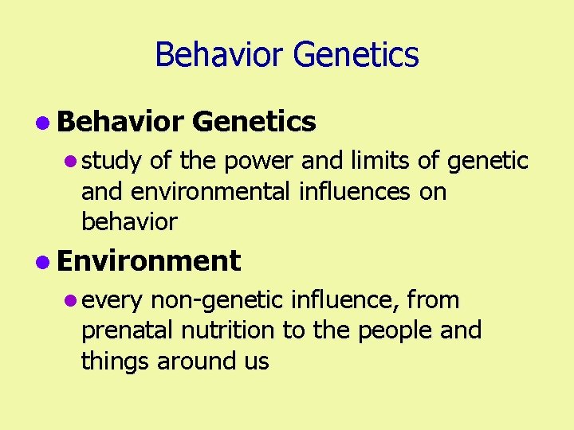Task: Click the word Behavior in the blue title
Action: (x=220, y=55)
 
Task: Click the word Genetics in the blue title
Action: (x=356, y=55)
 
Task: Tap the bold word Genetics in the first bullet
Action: (x=254, y=122)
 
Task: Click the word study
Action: (x=112, y=162)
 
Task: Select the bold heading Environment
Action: (x=148, y=260)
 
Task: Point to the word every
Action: (x=112, y=301)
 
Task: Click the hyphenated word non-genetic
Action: (x=216, y=300)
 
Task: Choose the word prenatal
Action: (x=130, y=330)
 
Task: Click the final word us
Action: (x=257, y=362)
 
